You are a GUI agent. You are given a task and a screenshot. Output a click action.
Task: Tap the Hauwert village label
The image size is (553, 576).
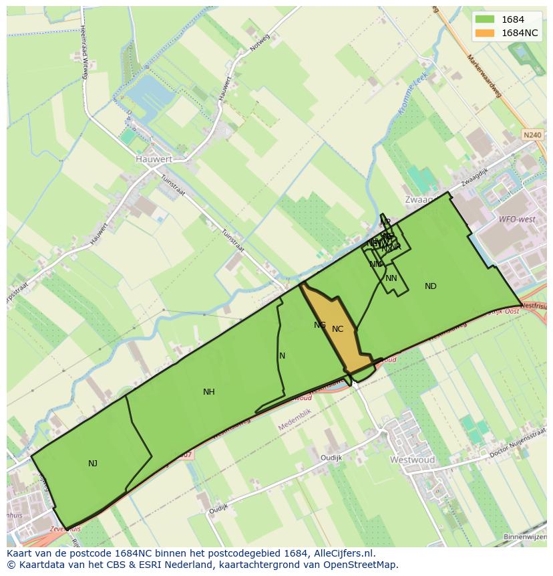pyautogui.click(x=153, y=159)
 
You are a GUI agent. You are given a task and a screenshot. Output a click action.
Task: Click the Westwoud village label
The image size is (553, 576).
pyautogui.click(x=412, y=460)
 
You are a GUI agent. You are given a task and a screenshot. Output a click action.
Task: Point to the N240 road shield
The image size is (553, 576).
pyautogui.click(x=532, y=135)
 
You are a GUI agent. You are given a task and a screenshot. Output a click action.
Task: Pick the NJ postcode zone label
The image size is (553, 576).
pyautogui.click(x=93, y=463)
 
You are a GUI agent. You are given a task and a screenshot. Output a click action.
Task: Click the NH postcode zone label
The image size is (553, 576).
pyautogui.click(x=209, y=392)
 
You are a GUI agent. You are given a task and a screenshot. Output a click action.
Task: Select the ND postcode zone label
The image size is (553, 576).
pyautogui.click(x=431, y=286)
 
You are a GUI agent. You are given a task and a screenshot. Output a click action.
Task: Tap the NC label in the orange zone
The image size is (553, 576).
pyautogui.click(x=337, y=328)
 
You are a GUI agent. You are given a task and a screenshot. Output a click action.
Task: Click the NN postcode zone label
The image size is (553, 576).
pyautogui.click(x=391, y=278)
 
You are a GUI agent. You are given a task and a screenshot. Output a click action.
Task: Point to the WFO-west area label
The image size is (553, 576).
pyautogui.click(x=517, y=219)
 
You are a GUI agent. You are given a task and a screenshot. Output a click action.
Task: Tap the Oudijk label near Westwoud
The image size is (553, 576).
pyautogui.click(x=331, y=458)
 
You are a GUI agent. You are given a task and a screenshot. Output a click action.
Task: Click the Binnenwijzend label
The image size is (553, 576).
pyautogui.click(x=525, y=537)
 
